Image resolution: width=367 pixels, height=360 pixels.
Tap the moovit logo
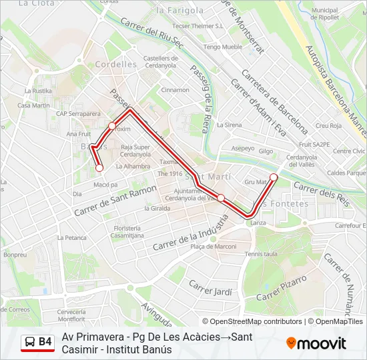tap(316, 343)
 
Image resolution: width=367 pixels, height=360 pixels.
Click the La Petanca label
tap(71, 237)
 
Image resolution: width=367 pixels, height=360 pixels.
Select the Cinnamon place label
tap(175, 90)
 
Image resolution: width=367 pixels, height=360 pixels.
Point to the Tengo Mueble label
tap(223, 47)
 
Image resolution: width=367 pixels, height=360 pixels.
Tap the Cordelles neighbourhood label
tap(115, 65)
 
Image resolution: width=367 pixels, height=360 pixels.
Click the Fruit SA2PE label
tap(314, 144)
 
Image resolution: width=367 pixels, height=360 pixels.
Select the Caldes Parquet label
tap(346, 172)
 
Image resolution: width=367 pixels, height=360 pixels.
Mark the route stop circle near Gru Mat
tap(274, 177)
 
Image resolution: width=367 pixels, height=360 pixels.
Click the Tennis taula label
tap(261, 254)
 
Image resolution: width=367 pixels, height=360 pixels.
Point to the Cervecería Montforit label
tap(71, 315)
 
